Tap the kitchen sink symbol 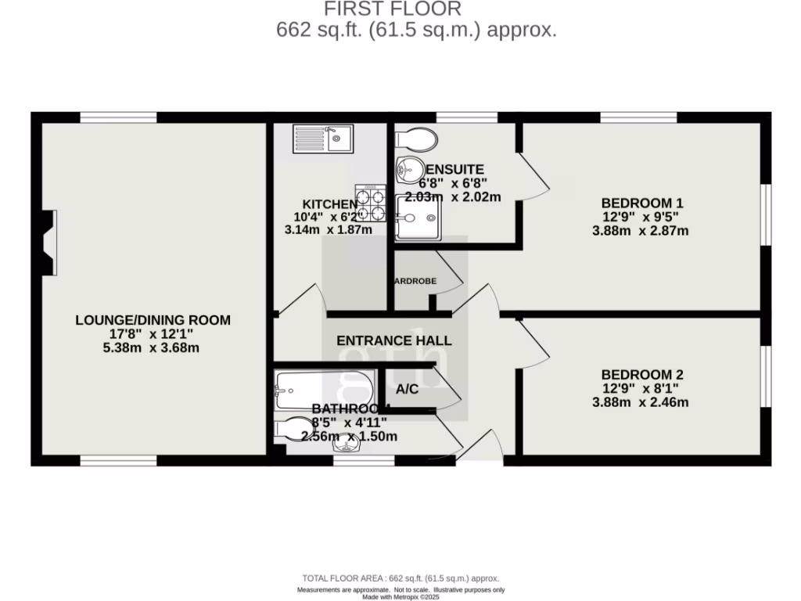pos(323,139)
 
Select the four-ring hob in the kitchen pos(372,201)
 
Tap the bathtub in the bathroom pos(302,389)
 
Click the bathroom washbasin pos(347,444)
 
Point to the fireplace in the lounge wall pos(49,243)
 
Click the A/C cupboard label pos(407,389)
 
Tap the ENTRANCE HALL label pos(394,340)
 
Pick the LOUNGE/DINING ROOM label pos(153,319)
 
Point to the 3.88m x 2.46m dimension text pos(640,402)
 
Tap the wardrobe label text pos(415,281)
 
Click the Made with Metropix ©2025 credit pos(400,596)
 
